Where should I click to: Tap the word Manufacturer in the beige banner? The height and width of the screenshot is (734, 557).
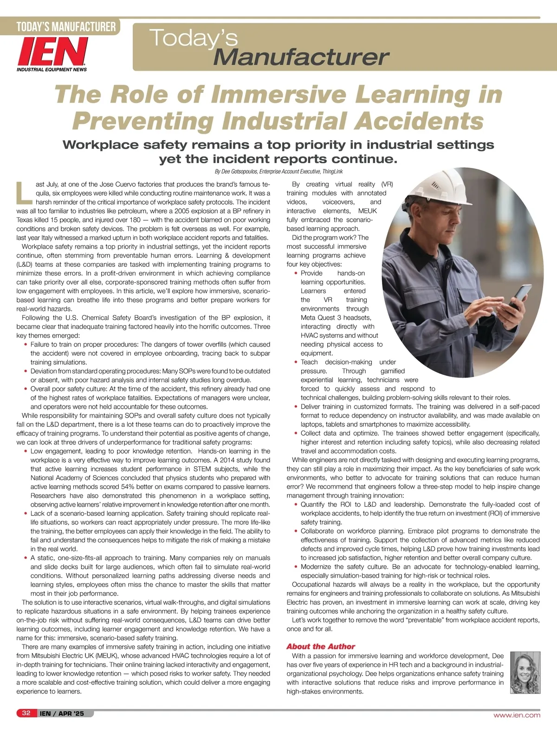[301, 57]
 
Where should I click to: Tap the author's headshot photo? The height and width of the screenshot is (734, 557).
[525, 672]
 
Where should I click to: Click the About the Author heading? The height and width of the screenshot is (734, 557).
[320, 646]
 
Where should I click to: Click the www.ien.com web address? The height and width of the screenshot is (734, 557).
[517, 715]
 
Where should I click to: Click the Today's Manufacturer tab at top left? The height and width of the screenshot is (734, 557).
[65, 26]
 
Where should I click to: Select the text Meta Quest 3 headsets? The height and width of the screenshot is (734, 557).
[336, 317]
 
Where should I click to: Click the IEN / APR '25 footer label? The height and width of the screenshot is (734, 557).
[62, 714]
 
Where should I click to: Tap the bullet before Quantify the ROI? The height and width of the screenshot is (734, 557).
[296, 504]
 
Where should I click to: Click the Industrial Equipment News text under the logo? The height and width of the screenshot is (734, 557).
[52, 70]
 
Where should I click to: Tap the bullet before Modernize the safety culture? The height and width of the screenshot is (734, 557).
[296, 567]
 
